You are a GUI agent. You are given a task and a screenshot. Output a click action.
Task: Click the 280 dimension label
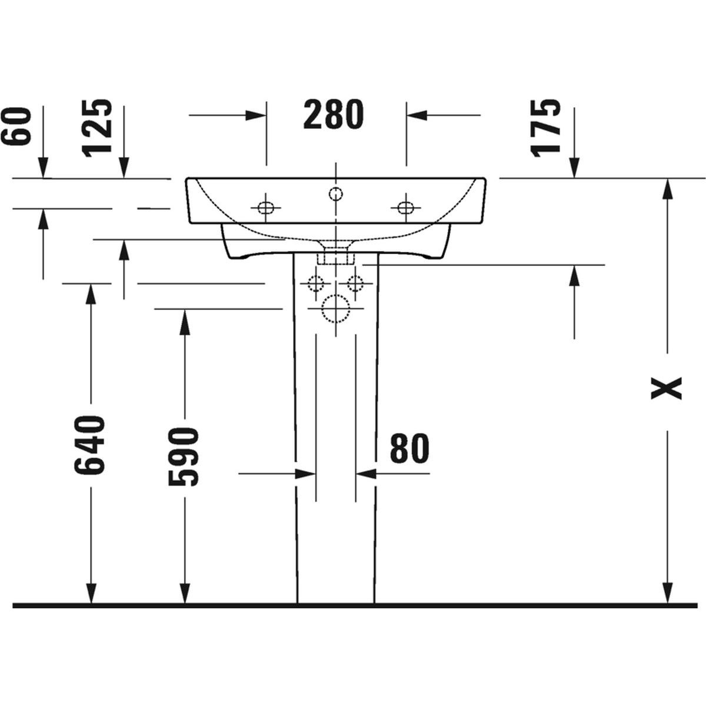click(x=334, y=115)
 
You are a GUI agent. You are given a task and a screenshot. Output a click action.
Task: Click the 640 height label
click(x=90, y=445)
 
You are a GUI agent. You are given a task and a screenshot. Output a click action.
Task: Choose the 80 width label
click(x=409, y=448)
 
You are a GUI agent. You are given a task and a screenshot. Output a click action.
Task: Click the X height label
click(x=666, y=388)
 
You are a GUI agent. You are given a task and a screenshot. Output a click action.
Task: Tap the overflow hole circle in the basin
click(x=335, y=193)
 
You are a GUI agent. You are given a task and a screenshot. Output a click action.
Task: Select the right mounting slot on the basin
click(x=406, y=208)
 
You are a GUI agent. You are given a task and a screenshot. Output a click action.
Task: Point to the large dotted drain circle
click(x=335, y=308)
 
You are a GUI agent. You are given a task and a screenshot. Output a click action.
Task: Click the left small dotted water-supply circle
click(x=315, y=283)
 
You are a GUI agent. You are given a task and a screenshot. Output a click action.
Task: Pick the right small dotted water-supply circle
click(x=355, y=283)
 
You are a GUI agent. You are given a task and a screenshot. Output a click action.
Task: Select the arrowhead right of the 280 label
click(x=417, y=115)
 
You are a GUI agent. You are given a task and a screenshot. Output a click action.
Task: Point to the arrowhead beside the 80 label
click(x=367, y=474)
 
